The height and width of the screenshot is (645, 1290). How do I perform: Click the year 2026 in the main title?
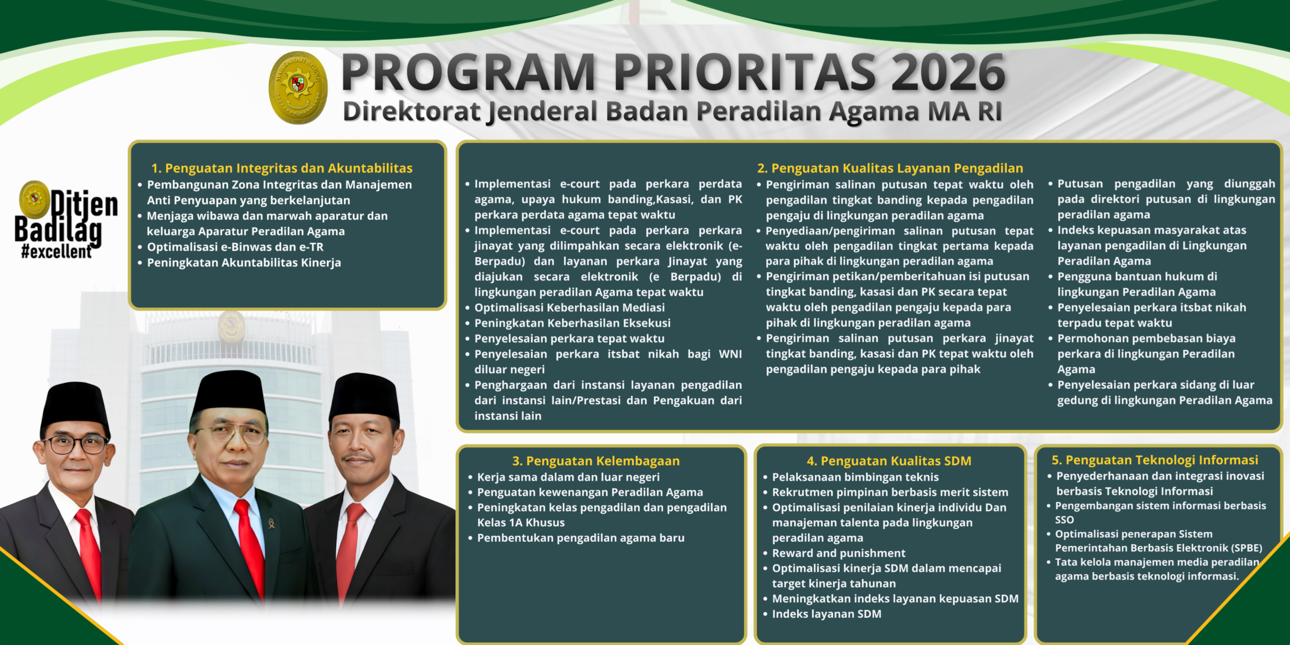click(x=949, y=73)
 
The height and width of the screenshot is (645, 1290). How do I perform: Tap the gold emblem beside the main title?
click(x=298, y=87)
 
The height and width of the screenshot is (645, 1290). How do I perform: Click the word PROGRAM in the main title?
click(x=469, y=73)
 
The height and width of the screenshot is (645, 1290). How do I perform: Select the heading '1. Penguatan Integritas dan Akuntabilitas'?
click(x=282, y=168)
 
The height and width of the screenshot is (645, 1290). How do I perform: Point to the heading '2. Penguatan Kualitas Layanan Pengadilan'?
click(x=890, y=168)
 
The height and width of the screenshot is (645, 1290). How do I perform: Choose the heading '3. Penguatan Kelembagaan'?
click(x=596, y=461)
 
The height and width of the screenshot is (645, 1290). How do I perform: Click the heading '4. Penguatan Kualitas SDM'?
click(x=889, y=461)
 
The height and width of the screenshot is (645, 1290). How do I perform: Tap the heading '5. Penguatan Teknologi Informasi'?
click(x=1154, y=460)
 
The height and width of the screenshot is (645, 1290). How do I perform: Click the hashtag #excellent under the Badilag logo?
click(x=56, y=251)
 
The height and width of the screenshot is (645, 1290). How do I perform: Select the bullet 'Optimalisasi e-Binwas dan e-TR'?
click(x=235, y=247)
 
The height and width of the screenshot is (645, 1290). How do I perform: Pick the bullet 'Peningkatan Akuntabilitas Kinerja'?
click(x=244, y=263)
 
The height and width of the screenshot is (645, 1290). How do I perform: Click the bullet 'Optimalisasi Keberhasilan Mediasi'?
click(x=569, y=307)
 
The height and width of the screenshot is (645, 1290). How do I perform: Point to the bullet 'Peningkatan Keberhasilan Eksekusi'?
click(x=572, y=323)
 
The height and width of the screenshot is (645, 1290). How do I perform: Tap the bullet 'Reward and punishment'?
click(x=838, y=553)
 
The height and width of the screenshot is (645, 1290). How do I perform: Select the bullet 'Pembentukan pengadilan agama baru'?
click(x=580, y=538)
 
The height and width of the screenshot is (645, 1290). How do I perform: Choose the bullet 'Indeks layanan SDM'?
click(x=826, y=614)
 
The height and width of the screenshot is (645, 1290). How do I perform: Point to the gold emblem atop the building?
click(x=231, y=327)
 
